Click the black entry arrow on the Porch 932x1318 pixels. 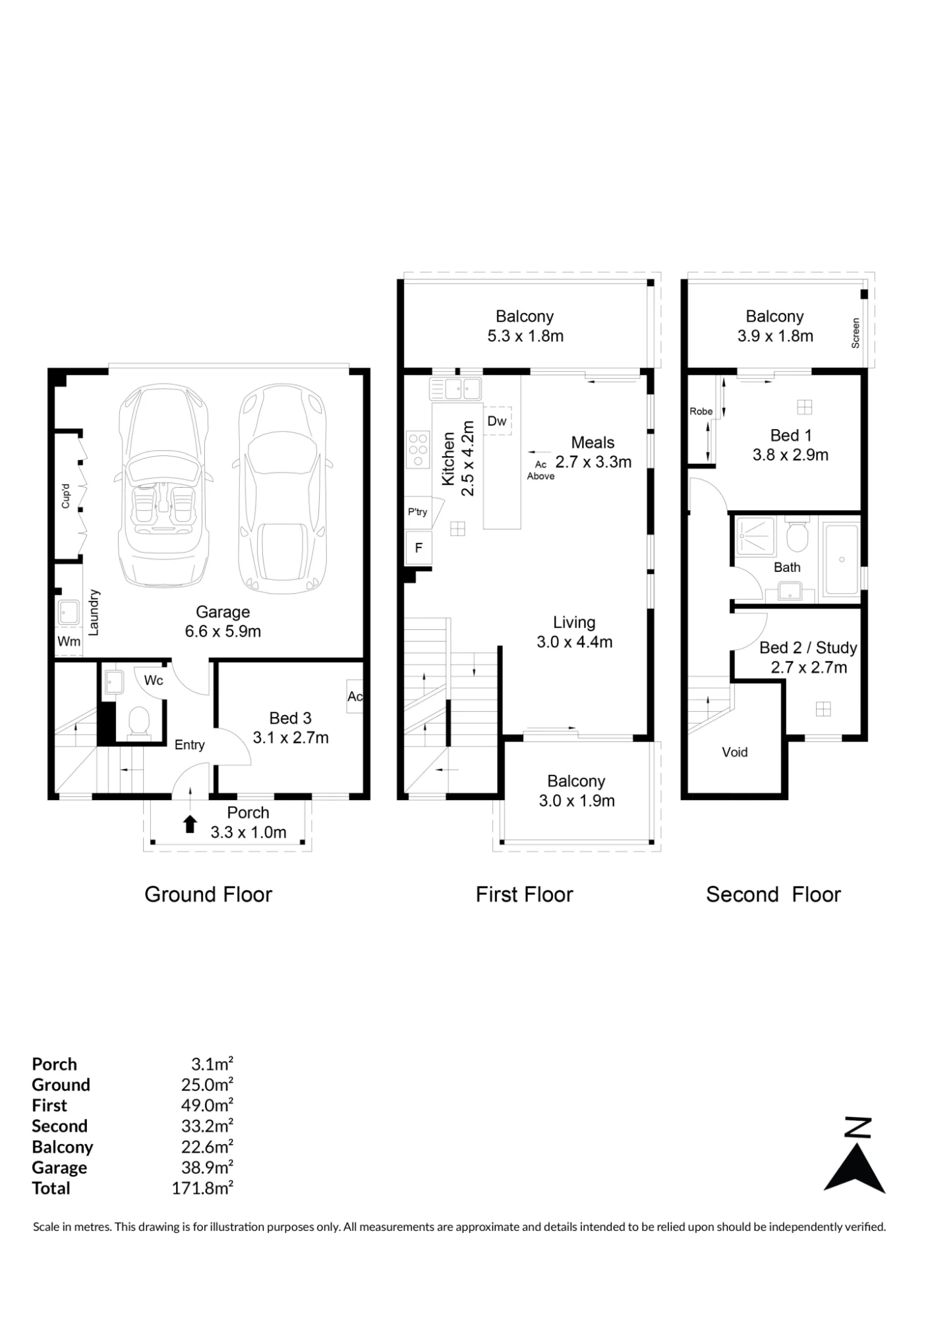(190, 824)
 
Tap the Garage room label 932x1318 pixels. (223, 612)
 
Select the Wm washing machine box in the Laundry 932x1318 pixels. (69, 641)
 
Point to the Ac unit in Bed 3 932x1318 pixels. (355, 697)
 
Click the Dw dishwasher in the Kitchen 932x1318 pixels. (498, 421)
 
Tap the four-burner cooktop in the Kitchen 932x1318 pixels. (418, 450)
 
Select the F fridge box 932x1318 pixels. (419, 548)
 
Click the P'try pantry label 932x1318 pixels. (417, 512)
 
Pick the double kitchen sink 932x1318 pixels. (455, 389)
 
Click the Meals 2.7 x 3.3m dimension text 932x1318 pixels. (593, 462)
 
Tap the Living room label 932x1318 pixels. (574, 623)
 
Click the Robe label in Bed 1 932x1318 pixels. (701, 411)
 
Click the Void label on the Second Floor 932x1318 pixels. (735, 753)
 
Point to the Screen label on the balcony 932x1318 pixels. (856, 333)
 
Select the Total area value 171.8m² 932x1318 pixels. (202, 1188)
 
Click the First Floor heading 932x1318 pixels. (525, 894)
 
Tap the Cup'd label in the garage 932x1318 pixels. (65, 496)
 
